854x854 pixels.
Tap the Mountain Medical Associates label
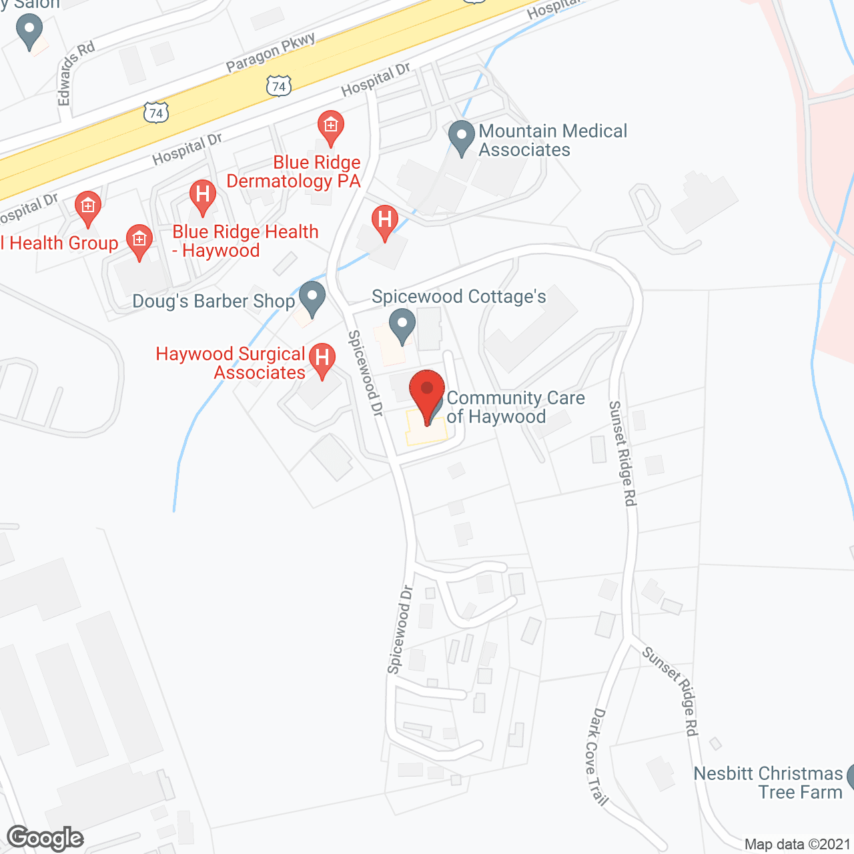(x=552, y=140)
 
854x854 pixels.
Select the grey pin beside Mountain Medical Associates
(x=461, y=137)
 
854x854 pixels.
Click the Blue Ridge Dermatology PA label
(x=294, y=172)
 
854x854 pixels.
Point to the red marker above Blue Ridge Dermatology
(x=330, y=127)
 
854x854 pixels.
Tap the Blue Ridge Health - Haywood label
(x=245, y=241)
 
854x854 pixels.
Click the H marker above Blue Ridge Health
(x=203, y=196)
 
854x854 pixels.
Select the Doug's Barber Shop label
(x=213, y=302)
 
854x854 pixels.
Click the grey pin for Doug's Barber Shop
(x=312, y=298)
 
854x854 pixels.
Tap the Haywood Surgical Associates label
(x=230, y=363)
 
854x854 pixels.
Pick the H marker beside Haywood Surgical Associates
(x=322, y=359)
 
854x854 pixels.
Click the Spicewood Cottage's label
(x=459, y=296)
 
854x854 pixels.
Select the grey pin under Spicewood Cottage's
(x=402, y=325)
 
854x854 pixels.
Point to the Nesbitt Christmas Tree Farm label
(x=768, y=783)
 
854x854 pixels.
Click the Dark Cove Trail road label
(x=598, y=757)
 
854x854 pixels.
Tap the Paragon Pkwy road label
(x=271, y=52)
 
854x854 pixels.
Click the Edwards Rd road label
(x=75, y=72)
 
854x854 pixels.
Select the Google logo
(x=45, y=838)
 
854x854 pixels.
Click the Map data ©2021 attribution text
(x=797, y=844)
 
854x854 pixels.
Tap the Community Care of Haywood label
(x=515, y=407)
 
